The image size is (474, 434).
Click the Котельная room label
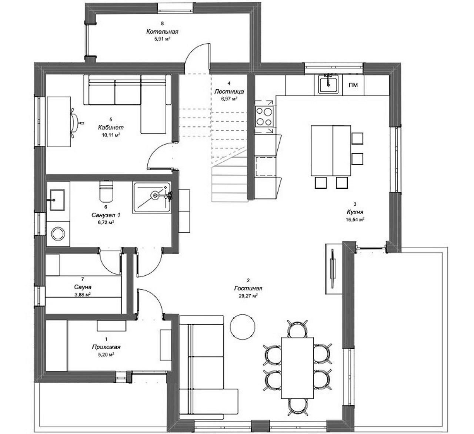point(162,31)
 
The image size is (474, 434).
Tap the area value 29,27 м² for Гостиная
point(248,296)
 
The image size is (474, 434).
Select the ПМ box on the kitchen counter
point(353,85)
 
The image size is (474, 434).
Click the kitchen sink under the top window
point(328,84)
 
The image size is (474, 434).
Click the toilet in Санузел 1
point(106,191)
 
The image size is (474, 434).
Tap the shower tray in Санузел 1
point(152,198)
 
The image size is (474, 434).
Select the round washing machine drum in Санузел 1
point(58,233)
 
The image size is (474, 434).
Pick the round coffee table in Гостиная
point(243,327)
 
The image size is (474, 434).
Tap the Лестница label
point(229,91)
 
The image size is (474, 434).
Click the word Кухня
point(355,212)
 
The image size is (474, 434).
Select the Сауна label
point(83,287)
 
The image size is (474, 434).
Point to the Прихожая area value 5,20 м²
point(106,354)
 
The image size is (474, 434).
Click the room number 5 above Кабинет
point(111,120)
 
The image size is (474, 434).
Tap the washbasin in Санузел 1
point(57,200)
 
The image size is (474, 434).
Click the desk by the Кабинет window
point(59,122)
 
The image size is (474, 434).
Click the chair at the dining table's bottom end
point(297,407)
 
